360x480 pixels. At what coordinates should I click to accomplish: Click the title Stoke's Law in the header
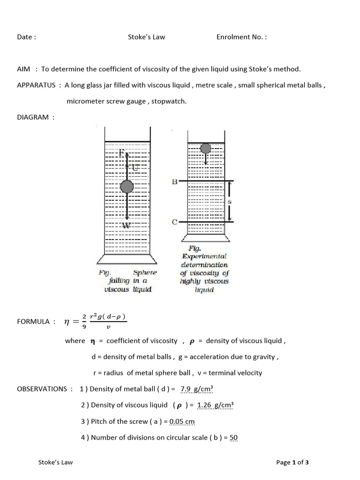pyautogui.click(x=146, y=37)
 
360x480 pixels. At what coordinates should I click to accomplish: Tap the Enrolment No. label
pyautogui.click(x=241, y=37)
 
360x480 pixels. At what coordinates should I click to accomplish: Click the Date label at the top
pyautogui.click(x=26, y=37)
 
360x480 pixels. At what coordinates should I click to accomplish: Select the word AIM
pyautogui.click(x=23, y=69)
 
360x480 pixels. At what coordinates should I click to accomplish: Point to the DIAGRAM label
pyautogui.click(x=33, y=117)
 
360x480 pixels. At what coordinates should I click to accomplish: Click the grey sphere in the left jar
pyautogui.click(x=127, y=187)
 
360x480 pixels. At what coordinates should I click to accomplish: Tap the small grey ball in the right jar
pyautogui.click(x=206, y=149)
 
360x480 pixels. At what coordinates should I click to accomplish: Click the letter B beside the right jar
pyautogui.click(x=174, y=181)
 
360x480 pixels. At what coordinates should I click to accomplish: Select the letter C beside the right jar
pyautogui.click(x=174, y=222)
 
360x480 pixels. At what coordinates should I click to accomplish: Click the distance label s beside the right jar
pyautogui.click(x=230, y=202)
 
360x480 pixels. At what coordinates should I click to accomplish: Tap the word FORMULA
pyautogui.click(x=33, y=322)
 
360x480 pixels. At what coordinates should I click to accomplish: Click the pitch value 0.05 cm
pyautogui.click(x=182, y=421)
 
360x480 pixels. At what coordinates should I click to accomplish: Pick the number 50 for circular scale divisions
pyautogui.click(x=233, y=437)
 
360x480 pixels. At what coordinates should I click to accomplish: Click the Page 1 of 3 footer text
pyautogui.click(x=292, y=462)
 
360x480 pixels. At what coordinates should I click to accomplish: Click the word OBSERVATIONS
pyautogui.click(x=42, y=389)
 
